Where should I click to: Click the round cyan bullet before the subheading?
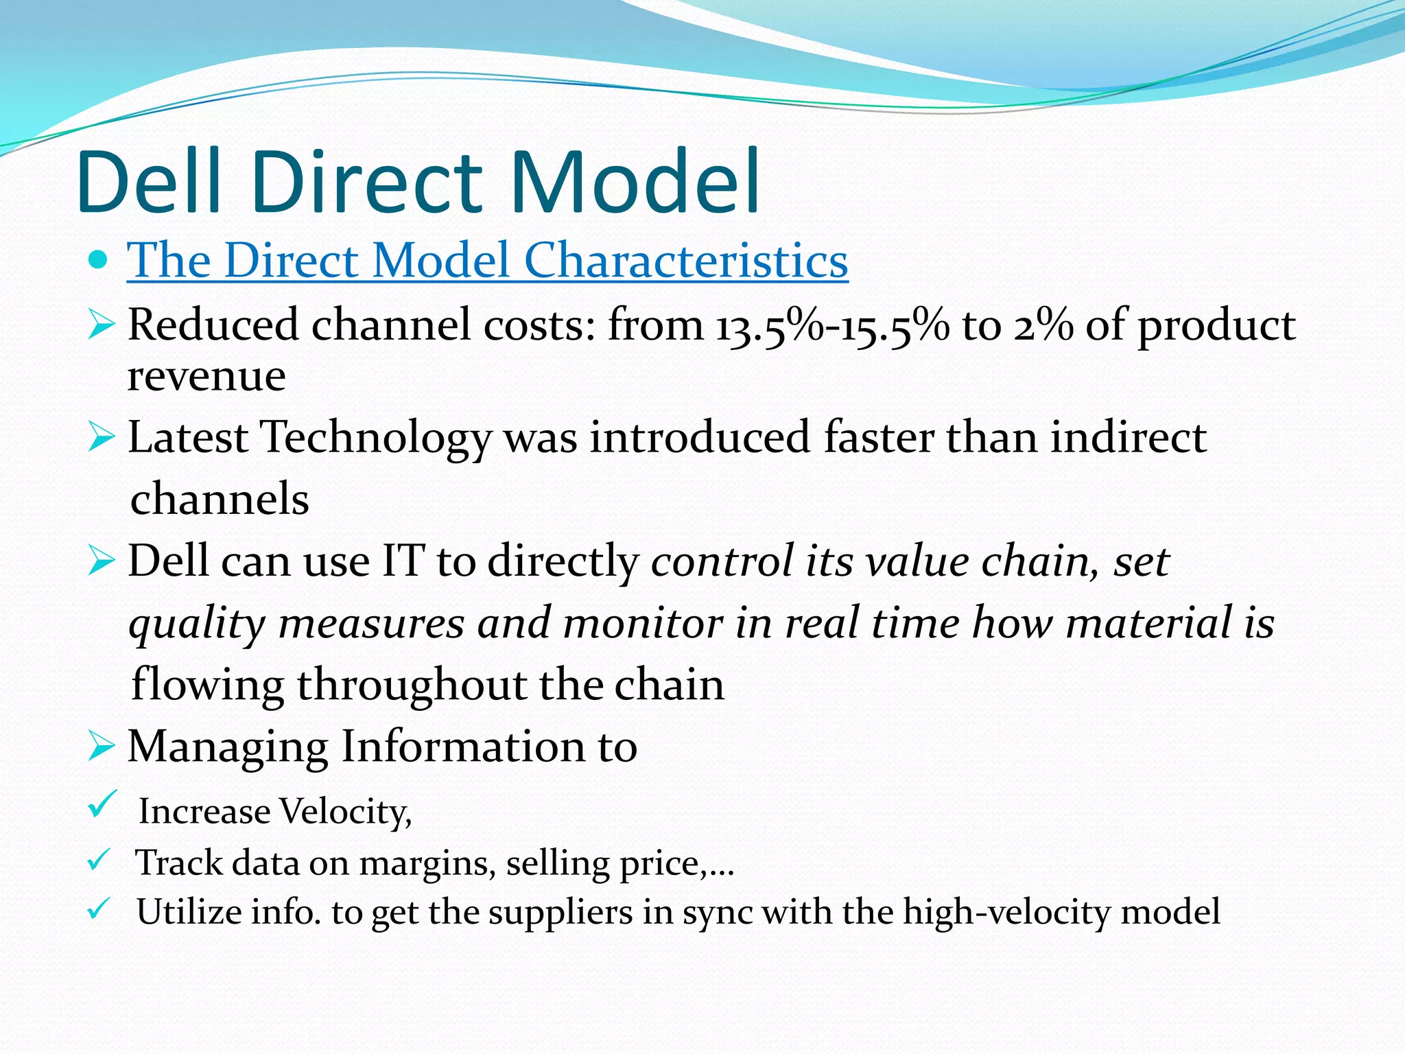(99, 260)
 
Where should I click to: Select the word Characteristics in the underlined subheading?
(685, 260)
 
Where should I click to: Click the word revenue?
(206, 376)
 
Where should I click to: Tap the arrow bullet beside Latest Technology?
(101, 438)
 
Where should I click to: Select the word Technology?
(376, 438)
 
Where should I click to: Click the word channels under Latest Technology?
(220, 499)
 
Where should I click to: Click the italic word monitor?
(641, 623)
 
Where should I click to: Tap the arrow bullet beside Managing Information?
(101, 747)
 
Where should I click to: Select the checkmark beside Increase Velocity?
(103, 804)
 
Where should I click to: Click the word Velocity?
(346, 812)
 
